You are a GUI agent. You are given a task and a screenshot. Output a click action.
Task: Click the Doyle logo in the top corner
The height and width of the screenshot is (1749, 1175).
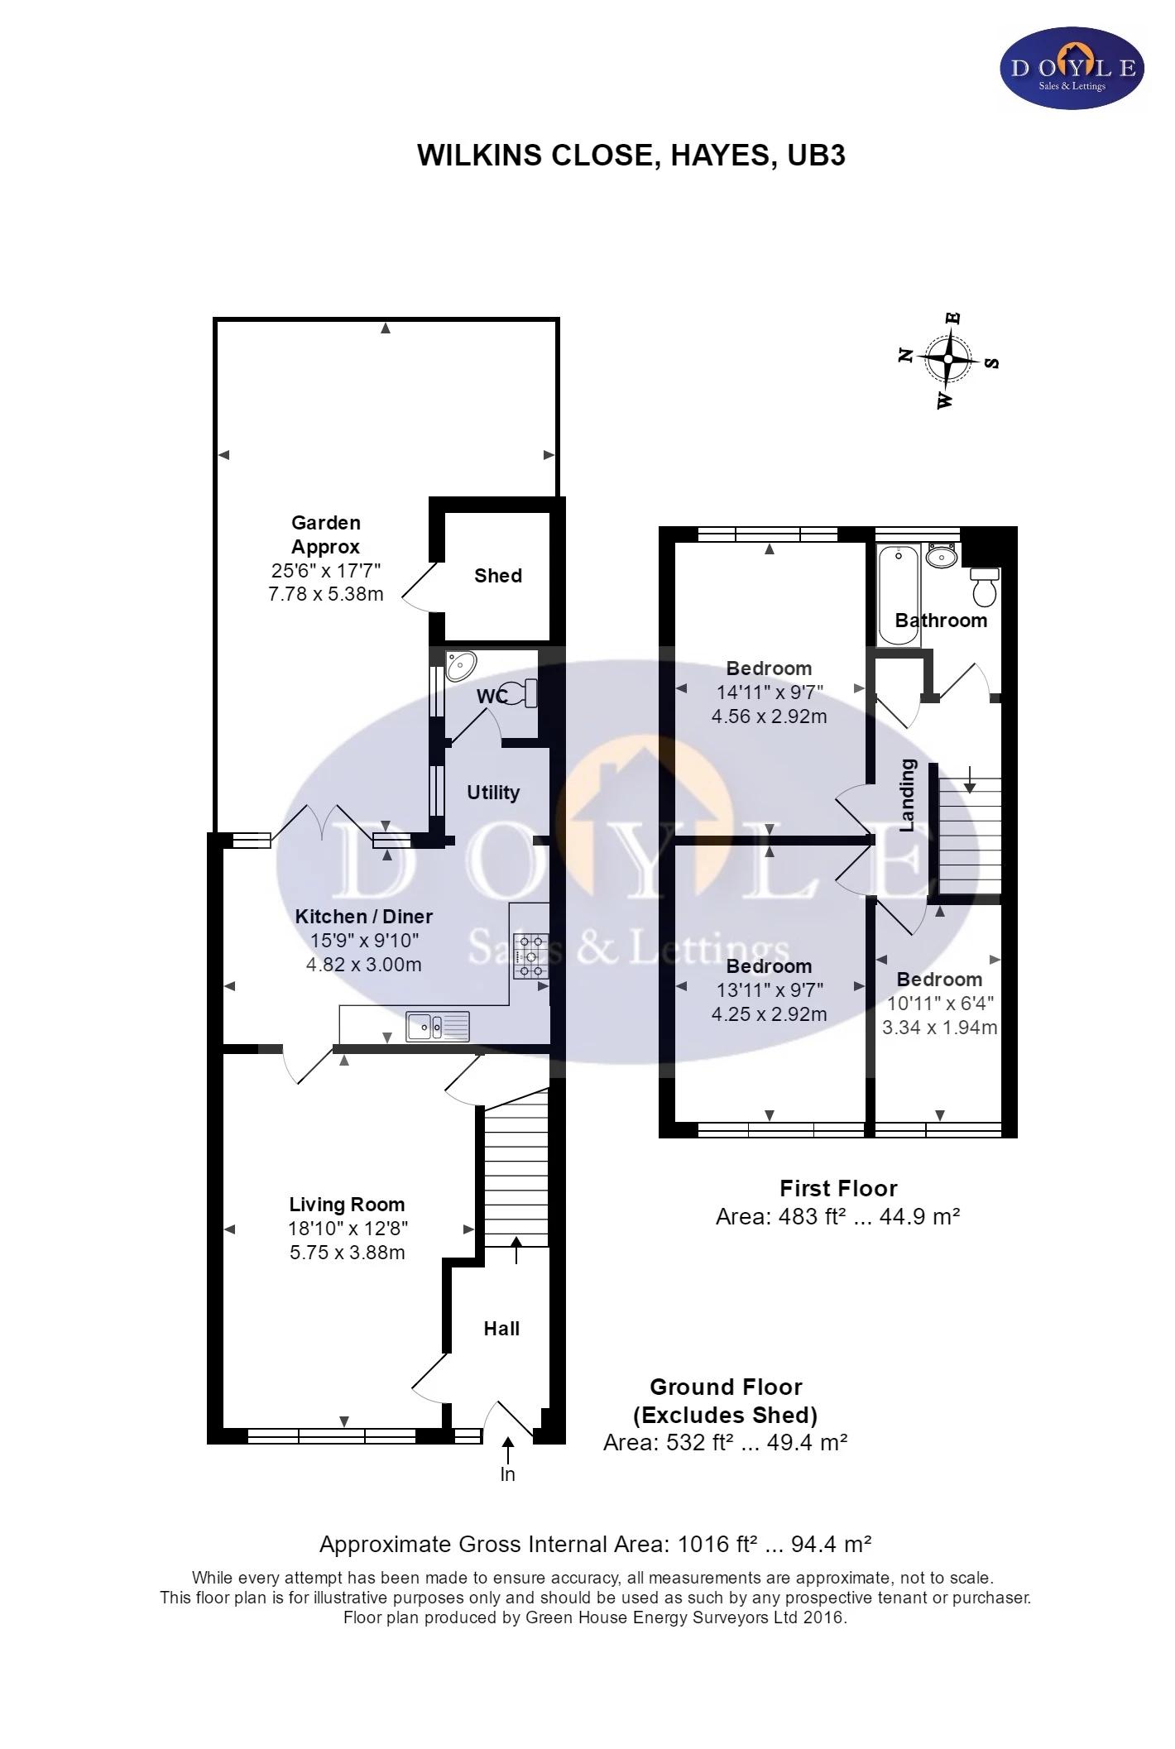(1072, 69)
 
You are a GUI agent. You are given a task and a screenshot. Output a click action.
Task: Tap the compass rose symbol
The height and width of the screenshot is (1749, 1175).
(948, 360)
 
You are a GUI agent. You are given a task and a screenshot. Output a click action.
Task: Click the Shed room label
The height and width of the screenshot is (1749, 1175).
(497, 576)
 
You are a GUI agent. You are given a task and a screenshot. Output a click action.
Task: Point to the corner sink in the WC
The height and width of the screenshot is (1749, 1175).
(460, 665)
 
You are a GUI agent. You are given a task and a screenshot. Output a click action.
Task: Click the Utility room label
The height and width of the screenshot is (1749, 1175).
(493, 793)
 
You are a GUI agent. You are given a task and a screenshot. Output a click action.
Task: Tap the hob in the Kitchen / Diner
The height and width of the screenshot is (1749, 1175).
(530, 956)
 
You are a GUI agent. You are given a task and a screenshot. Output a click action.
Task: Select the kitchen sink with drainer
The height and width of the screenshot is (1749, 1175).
(437, 1027)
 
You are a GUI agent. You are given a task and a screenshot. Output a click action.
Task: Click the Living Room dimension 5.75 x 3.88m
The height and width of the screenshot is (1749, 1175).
(347, 1253)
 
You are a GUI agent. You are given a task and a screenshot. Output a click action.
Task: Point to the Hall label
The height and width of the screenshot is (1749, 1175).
(501, 1329)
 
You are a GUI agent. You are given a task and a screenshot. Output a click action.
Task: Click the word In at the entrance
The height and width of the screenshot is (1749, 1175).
(507, 1474)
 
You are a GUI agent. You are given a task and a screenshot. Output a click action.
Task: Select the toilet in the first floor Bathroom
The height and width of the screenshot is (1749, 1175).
(985, 587)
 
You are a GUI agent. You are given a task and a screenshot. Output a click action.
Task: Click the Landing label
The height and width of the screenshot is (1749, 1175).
(908, 795)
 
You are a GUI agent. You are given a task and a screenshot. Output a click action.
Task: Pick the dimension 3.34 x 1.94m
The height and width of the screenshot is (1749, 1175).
(939, 1028)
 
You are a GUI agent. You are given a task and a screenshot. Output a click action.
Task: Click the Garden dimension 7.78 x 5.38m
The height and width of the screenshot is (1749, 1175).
(326, 594)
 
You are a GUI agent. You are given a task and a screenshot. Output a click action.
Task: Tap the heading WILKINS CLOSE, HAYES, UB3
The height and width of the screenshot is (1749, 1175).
(631, 156)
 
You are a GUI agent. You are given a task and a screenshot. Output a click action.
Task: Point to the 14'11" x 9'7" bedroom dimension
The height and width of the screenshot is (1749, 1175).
(770, 692)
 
